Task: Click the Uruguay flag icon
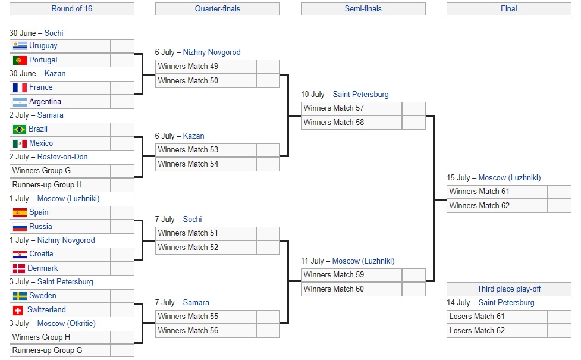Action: pos(20,46)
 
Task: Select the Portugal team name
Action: pos(43,60)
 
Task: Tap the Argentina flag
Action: pos(20,102)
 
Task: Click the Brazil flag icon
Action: pos(20,129)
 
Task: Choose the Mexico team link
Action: pos(41,143)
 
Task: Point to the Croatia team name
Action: pos(41,254)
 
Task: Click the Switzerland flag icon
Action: pos(20,310)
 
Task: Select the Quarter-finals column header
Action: pos(217,9)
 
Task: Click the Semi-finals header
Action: pos(363,9)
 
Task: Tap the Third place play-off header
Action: pos(508,289)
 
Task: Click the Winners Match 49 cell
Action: pos(206,66)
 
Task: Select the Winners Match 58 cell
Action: pos(351,122)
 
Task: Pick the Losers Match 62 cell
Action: pos(497,330)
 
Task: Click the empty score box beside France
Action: pos(123,87)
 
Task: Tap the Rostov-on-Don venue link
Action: pos(62,157)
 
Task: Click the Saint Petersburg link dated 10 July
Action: pos(360,95)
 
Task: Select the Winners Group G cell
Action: pos(60,171)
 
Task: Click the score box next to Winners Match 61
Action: pos(559,192)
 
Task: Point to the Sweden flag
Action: pos(20,296)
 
